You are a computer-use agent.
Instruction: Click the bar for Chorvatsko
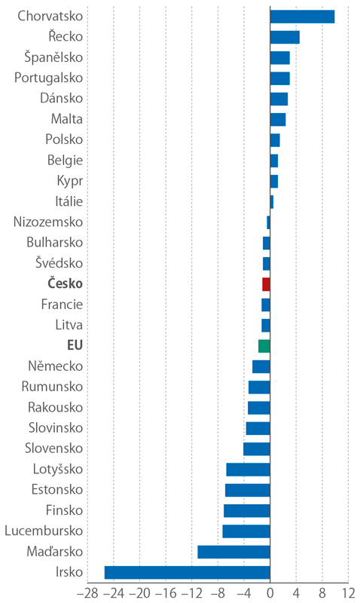[x=302, y=16]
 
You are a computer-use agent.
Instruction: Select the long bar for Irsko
[x=187, y=572]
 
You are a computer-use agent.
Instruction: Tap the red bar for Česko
[x=266, y=284]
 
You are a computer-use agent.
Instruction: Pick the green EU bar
[x=264, y=346]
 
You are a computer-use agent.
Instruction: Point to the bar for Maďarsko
[x=233, y=552]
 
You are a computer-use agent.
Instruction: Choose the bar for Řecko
[x=285, y=37]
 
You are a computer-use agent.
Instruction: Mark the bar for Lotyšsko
[x=248, y=470]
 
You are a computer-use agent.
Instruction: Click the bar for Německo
[x=261, y=366]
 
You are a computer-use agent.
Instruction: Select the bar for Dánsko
[x=279, y=99]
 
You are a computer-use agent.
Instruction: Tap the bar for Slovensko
[x=256, y=448]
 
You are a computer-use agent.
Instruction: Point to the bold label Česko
[x=65, y=284]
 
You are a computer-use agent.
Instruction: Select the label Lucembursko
[x=44, y=531]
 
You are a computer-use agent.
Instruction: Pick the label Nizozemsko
[x=48, y=222]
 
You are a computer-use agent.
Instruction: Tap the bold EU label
[x=75, y=346]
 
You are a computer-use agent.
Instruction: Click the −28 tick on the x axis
[x=87, y=592]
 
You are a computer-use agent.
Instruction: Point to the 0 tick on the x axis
[x=270, y=592]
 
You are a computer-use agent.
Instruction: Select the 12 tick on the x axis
[x=347, y=592]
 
